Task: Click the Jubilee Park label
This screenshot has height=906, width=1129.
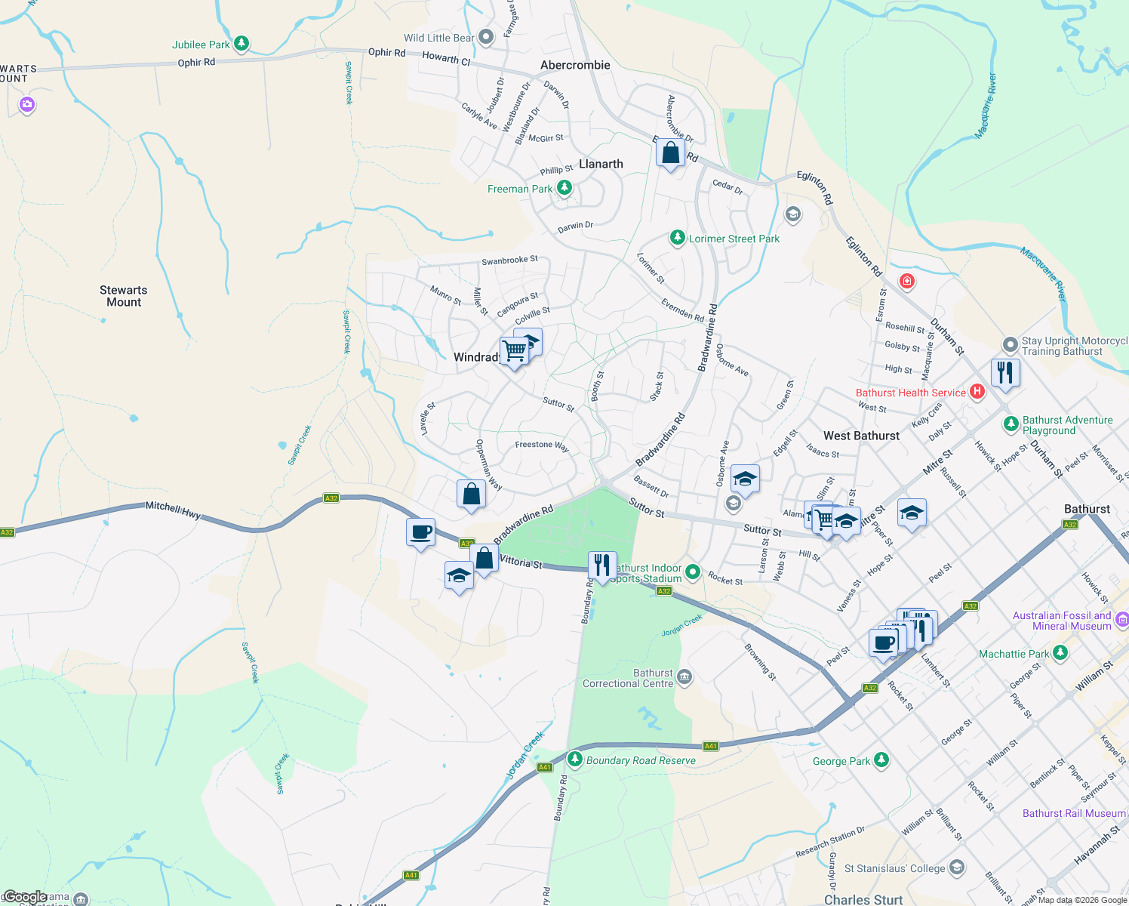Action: (201, 45)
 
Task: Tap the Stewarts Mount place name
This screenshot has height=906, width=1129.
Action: (124, 296)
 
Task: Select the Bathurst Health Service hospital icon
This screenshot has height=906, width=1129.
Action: (977, 391)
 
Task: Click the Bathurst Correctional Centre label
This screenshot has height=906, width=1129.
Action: (628, 678)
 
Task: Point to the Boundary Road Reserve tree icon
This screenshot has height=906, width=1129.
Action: (575, 759)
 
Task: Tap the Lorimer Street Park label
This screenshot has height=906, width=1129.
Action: (734, 239)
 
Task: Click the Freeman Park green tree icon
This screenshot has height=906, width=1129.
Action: (564, 188)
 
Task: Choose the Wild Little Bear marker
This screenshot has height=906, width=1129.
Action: (486, 36)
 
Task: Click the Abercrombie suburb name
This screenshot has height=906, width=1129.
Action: (575, 65)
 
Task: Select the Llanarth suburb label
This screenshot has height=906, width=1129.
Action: (601, 164)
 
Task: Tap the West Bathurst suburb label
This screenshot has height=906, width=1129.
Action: (861, 436)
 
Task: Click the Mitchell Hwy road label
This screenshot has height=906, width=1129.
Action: (173, 510)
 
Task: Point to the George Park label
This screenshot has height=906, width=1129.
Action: (841, 761)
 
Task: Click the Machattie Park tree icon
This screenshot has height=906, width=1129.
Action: (1060, 652)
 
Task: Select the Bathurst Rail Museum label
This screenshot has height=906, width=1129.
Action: (1074, 813)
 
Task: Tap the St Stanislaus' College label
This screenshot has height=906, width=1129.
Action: (894, 868)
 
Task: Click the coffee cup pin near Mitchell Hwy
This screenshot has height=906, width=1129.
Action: (420, 532)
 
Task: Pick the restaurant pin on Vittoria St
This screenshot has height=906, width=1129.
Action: (601, 565)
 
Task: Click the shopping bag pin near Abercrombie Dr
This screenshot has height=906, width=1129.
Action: (670, 153)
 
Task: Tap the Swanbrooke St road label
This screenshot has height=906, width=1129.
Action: (509, 260)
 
